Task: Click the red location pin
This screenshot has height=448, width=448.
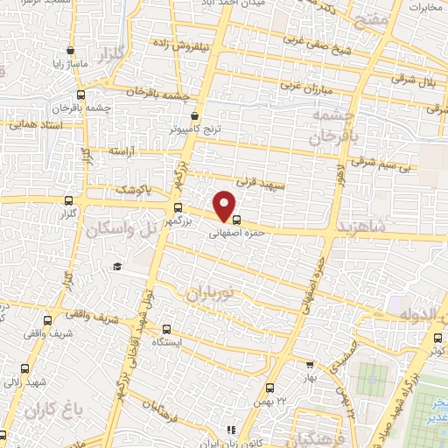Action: [x=226, y=205]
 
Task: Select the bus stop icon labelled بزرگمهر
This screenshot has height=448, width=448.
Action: [x=178, y=208]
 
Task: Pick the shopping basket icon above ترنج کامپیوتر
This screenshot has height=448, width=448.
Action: [x=194, y=115]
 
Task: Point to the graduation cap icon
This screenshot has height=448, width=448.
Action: [x=115, y=266]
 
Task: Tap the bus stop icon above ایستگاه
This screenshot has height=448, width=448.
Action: [x=167, y=329]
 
